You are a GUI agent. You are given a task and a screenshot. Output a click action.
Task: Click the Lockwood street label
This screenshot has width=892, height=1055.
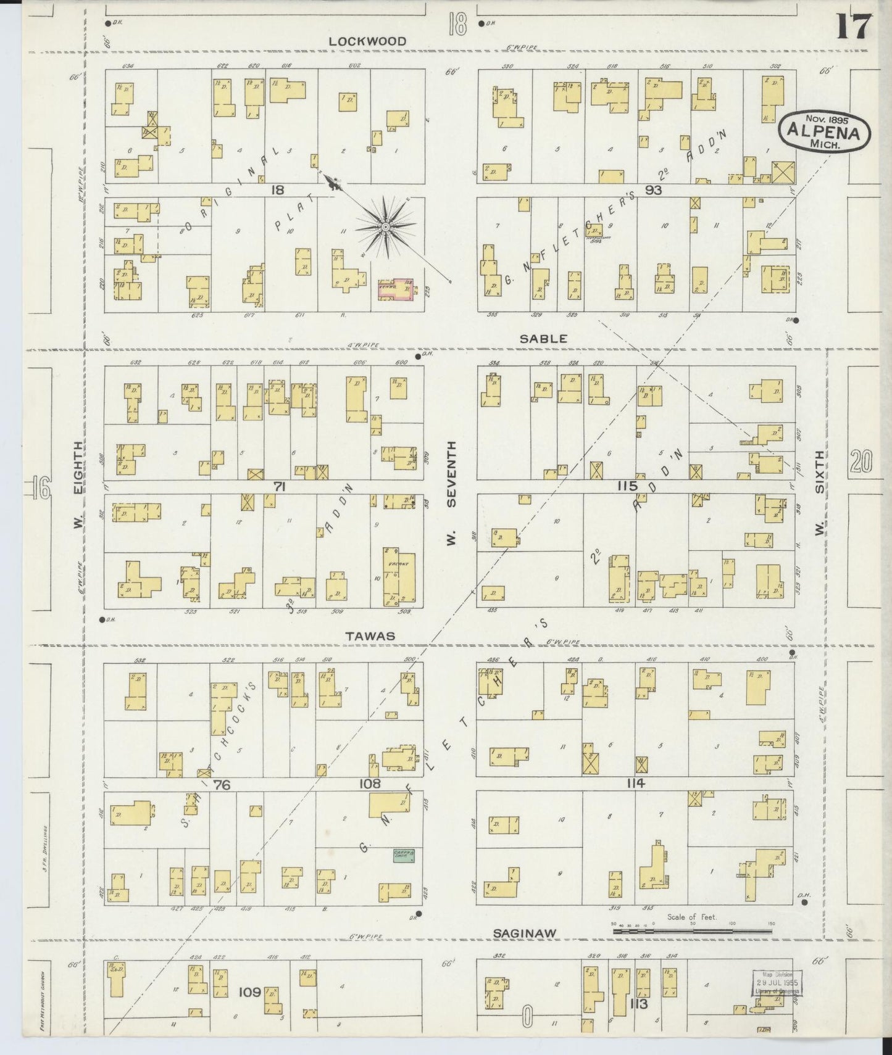click(367, 41)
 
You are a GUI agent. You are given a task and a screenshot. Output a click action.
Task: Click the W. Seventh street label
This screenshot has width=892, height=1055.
click(451, 492)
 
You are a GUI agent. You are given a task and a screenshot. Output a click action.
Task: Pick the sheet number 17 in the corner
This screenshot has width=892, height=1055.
click(854, 27)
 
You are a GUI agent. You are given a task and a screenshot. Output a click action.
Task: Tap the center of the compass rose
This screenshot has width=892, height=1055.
click(385, 227)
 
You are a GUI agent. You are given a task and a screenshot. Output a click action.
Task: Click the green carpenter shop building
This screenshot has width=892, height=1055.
click(404, 855)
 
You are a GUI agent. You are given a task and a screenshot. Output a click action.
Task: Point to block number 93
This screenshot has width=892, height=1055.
click(653, 191)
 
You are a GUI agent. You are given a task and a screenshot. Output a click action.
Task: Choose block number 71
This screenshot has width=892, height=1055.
click(280, 487)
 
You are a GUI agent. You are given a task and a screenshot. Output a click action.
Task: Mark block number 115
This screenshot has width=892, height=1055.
click(627, 487)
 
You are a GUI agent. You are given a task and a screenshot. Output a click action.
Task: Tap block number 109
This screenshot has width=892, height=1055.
click(249, 992)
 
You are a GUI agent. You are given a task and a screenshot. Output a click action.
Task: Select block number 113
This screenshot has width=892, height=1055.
click(638, 1004)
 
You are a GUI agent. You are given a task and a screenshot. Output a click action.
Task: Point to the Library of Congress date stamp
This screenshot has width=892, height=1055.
click(777, 982)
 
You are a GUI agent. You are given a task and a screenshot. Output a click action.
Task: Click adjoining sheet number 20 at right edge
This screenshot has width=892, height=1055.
click(861, 461)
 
